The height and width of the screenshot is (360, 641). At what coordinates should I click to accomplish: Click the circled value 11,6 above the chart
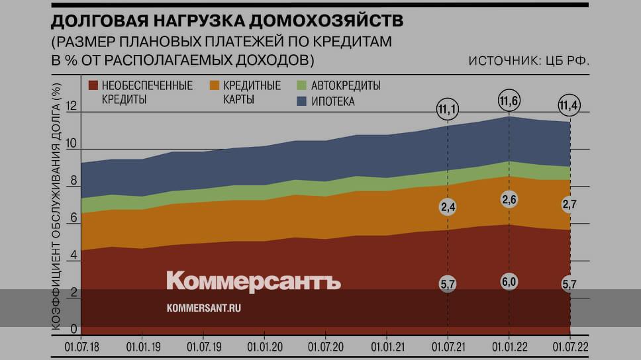point(509,101)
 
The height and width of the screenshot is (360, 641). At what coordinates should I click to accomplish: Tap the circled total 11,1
point(448,107)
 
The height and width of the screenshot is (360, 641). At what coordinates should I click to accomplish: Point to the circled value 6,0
point(509,281)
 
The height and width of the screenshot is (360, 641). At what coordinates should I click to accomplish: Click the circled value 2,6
point(509,201)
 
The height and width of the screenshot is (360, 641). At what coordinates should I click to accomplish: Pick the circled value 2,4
point(448,207)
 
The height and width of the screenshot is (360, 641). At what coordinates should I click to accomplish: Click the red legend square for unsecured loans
point(93,85)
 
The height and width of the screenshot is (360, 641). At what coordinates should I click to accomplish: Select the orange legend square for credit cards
point(215,85)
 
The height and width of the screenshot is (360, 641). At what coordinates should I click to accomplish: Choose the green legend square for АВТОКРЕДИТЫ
point(301,85)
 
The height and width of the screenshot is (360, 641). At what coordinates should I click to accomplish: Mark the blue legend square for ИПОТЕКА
point(301,101)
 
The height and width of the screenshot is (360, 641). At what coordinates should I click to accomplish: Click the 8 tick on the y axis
point(72,181)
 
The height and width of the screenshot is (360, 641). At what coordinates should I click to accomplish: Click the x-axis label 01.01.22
point(509,346)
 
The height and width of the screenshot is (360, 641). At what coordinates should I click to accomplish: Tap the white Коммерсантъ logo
point(254,281)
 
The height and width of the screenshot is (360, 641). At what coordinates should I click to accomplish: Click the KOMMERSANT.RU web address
point(203,308)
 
